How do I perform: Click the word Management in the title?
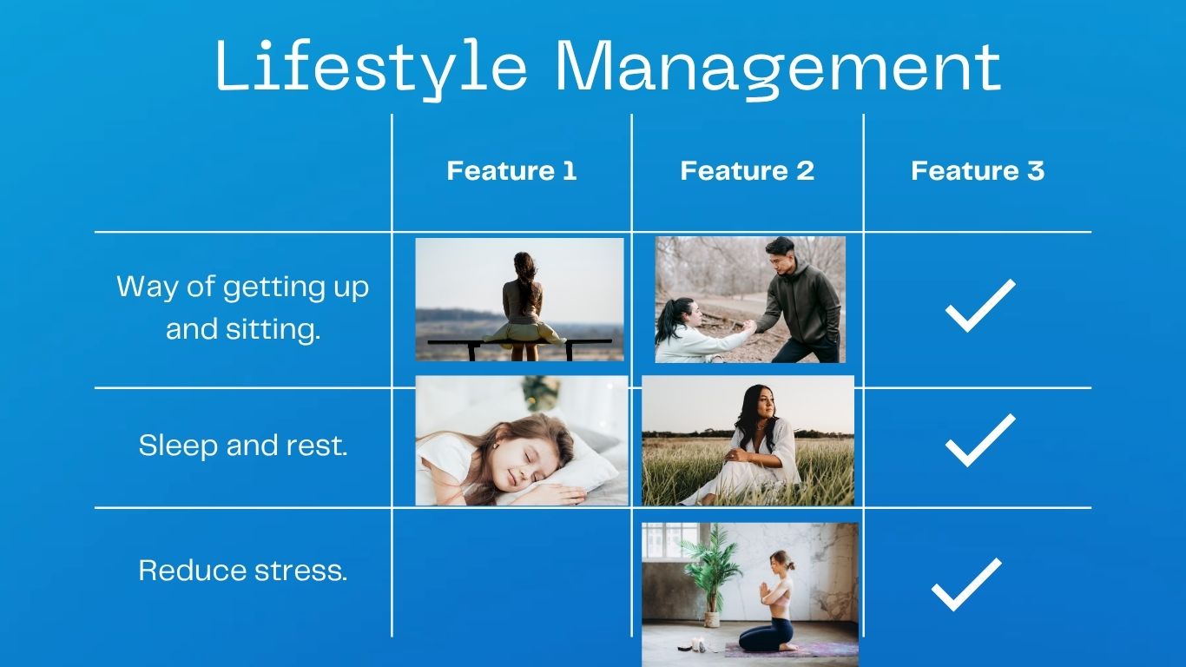tap(778, 69)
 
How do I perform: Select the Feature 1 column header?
tap(511, 170)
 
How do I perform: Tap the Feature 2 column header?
tap(747, 170)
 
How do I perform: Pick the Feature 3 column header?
tap(978, 170)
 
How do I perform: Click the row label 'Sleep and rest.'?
tap(243, 445)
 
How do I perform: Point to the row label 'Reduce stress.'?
tap(243, 571)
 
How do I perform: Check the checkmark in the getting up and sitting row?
tap(980, 306)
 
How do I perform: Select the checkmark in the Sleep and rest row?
tap(980, 440)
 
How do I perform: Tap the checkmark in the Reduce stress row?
tap(966, 584)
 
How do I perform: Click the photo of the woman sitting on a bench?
tap(519, 300)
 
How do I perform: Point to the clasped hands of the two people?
tap(748, 326)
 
